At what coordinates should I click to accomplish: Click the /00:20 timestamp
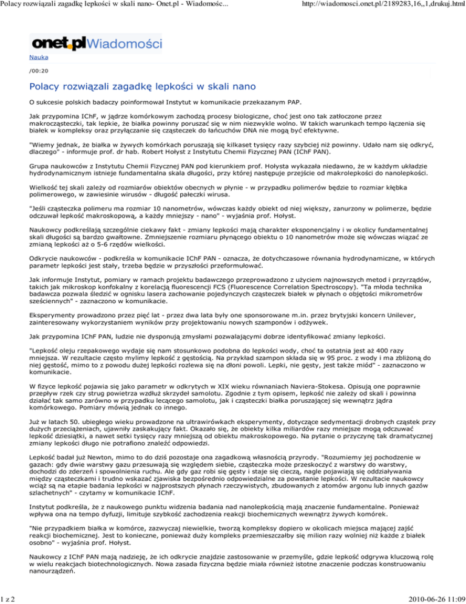(38, 70)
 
